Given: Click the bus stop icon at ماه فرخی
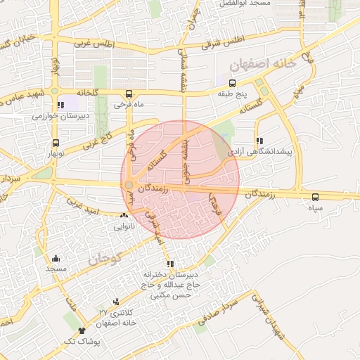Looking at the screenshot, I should point(128,94).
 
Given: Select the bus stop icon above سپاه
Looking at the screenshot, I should point(314,197).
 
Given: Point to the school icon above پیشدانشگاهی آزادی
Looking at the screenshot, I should point(259,140).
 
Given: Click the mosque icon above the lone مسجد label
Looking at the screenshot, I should point(56,258).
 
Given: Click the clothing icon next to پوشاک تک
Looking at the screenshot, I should point(82,330).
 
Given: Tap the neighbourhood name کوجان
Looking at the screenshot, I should point(105,259).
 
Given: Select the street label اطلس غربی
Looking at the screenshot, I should point(93,42).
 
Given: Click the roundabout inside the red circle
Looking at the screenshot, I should point(129,186).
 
